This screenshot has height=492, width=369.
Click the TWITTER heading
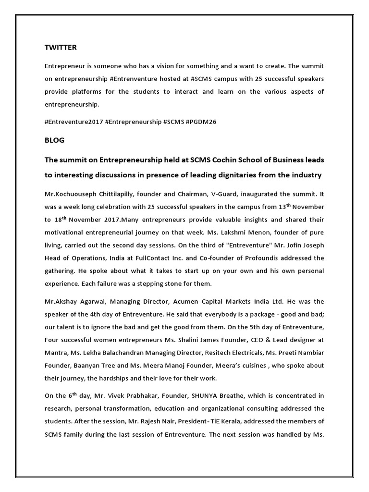click(x=61, y=48)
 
